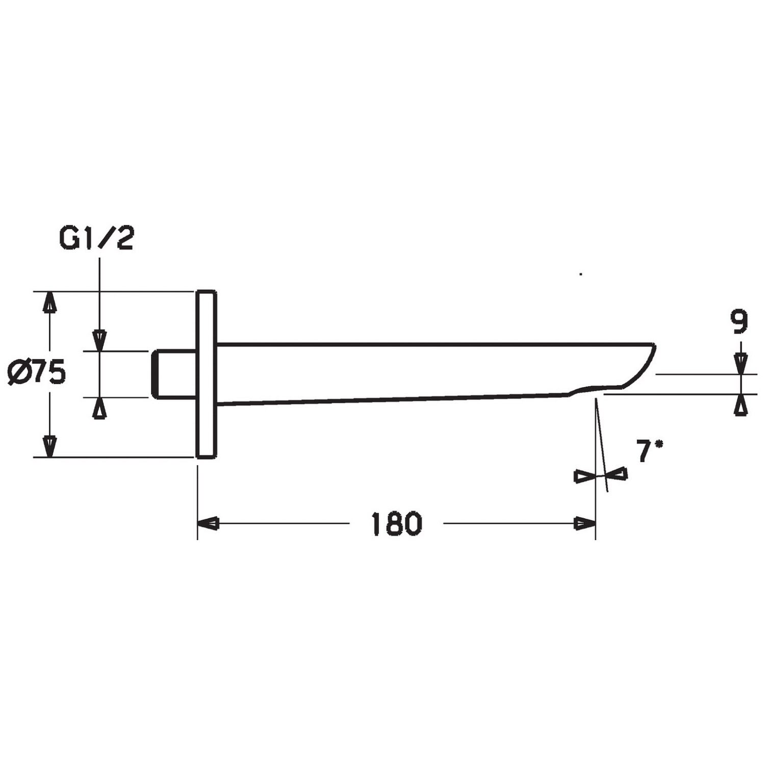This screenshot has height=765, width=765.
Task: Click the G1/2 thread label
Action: pyautogui.click(x=97, y=239)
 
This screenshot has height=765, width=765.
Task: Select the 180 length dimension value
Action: pyautogui.click(x=397, y=523)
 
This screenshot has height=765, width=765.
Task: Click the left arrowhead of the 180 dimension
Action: pyautogui.click(x=209, y=523)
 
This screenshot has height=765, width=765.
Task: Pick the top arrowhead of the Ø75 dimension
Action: pyautogui.click(x=49, y=302)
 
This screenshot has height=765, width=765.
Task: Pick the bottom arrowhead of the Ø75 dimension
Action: pyautogui.click(x=49, y=446)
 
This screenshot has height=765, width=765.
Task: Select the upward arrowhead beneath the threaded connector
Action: pyautogui.click(x=99, y=408)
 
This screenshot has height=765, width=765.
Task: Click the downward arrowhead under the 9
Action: pyautogui.click(x=741, y=364)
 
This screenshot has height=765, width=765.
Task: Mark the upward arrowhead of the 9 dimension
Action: pyautogui.click(x=741, y=405)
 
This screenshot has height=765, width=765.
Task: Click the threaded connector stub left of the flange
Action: pyautogui.click(x=173, y=374)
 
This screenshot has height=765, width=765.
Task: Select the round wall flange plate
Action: pyautogui.click(x=207, y=374)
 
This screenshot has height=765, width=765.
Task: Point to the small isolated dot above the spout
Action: pyautogui.click(x=581, y=274)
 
